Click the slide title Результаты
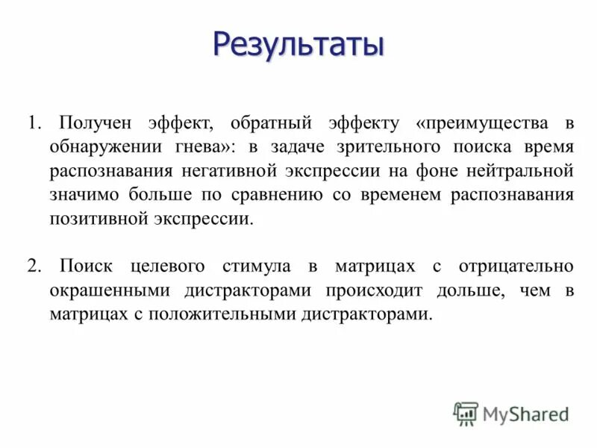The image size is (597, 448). (298, 46)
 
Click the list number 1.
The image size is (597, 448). (33, 122)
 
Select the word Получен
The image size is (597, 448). (92, 122)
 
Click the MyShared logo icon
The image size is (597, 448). (466, 413)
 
